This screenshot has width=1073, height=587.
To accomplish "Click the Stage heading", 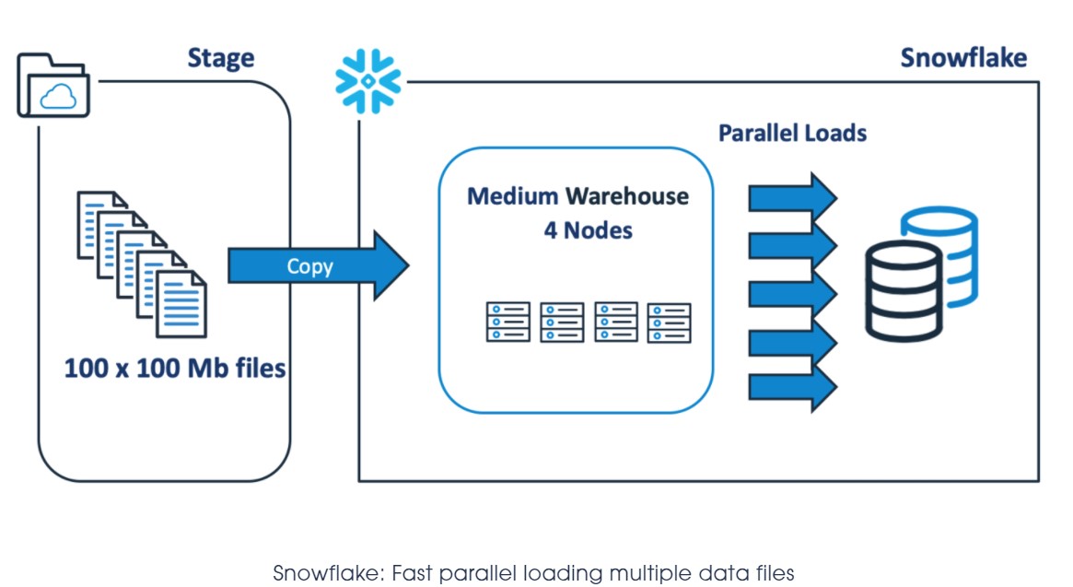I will [x=221, y=58].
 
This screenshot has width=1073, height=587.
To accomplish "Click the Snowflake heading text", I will [x=963, y=58].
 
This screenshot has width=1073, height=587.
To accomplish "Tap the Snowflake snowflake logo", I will [x=368, y=82].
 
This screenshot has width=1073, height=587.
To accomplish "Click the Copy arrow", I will [x=317, y=266].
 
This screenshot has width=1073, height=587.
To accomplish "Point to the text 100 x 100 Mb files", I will [x=175, y=370].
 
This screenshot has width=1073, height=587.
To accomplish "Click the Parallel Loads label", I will [x=792, y=133].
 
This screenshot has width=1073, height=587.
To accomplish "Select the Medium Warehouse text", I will [x=577, y=196].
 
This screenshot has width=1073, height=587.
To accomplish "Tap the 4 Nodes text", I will [x=588, y=230].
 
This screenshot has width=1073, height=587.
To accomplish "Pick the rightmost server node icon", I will [x=669, y=322].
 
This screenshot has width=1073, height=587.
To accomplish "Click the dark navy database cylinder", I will [x=904, y=292].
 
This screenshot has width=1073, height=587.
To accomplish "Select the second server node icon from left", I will [x=562, y=322].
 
